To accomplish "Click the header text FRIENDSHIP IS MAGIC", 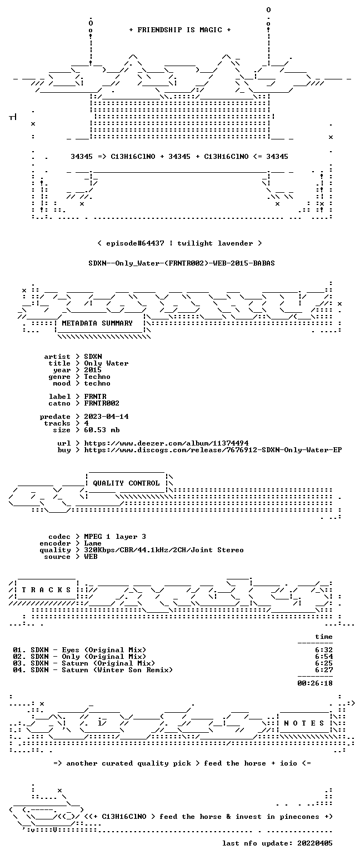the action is point(179,30).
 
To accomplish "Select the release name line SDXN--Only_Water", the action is point(182,263).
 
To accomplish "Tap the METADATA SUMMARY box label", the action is point(97,323).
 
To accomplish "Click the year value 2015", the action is point(93,370).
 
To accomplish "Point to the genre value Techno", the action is point(97,377).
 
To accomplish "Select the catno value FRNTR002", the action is point(102,403).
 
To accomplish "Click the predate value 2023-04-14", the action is point(106,417).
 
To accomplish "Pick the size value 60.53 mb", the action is point(102,430).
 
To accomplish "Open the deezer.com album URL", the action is point(166,443).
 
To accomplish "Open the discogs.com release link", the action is point(213,450).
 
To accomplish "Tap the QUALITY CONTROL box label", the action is point(126,483).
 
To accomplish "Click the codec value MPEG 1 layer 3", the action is point(115,537).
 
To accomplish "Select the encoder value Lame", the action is point(93,543).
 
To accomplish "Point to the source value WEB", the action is point(91,557).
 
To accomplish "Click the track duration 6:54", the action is point(324,657).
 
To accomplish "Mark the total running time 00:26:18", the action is point(315,683).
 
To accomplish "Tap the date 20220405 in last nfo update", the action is point(315,843).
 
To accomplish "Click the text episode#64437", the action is point(135,243).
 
